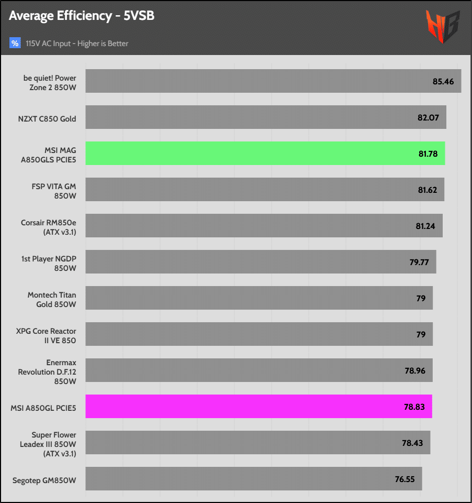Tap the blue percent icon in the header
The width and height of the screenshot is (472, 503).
coord(15,43)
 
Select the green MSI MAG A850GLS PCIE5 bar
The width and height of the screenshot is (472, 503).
coord(265,154)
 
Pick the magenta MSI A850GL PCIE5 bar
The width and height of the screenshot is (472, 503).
coord(259,406)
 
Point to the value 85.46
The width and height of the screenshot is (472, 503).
coord(443,81)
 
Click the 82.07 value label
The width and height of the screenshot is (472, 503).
coord(428,117)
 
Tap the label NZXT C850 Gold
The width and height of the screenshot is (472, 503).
coord(47,119)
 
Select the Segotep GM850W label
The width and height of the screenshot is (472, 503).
coord(44,479)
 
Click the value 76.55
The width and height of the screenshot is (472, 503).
coord(405,478)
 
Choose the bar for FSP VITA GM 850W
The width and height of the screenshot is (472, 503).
coord(265,189)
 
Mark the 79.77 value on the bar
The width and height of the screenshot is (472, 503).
coord(419,262)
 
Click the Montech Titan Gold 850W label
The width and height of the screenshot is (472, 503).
coord(52,300)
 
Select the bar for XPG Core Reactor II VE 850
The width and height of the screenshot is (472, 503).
coord(259,334)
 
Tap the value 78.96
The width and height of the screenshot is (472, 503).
coord(415,370)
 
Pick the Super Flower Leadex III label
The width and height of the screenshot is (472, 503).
coord(53,444)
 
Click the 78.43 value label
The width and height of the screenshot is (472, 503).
coord(412,443)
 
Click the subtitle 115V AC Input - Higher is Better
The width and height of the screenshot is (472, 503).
coord(77,43)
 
